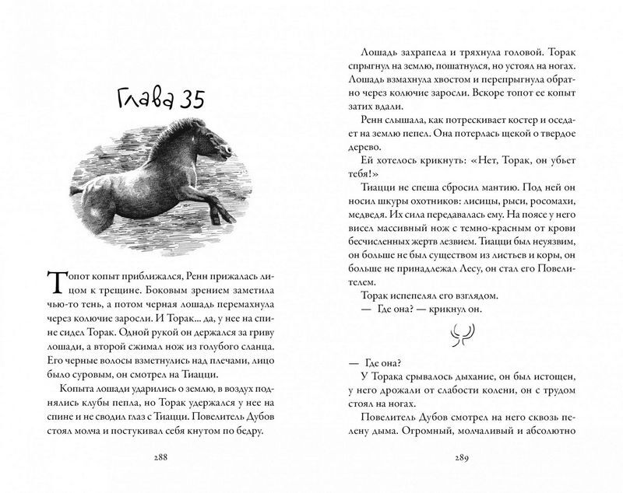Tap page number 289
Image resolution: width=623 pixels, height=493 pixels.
coord(456,457)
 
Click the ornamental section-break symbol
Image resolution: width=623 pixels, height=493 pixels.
coord(456,336)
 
